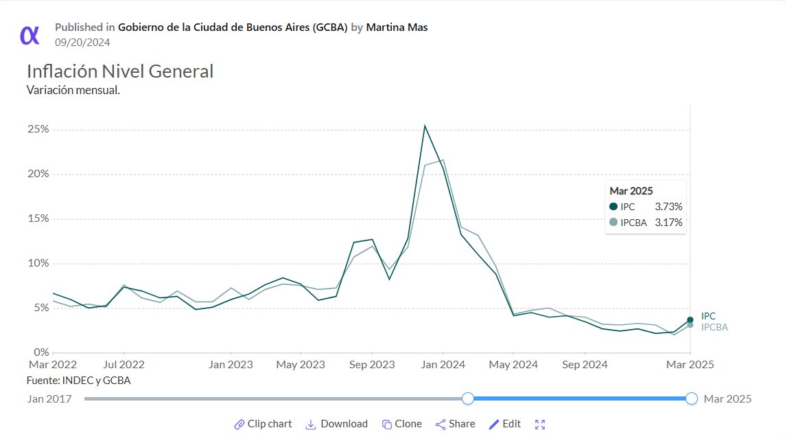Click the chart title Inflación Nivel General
click(120, 71)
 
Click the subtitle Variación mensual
click(73, 90)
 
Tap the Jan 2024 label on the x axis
click(443, 365)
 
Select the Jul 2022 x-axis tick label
click(124, 365)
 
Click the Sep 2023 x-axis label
click(372, 365)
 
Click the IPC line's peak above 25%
click(425, 126)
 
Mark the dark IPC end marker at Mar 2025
click(690, 319)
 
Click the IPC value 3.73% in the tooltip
click(668, 206)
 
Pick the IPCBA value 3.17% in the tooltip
click(668, 222)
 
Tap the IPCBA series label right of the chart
click(714, 328)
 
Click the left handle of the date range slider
click(468, 398)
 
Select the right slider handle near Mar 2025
click(692, 398)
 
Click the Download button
click(336, 424)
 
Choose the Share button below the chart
click(455, 424)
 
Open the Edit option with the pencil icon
click(504, 424)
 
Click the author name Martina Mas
click(397, 27)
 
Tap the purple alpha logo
click(30, 34)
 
